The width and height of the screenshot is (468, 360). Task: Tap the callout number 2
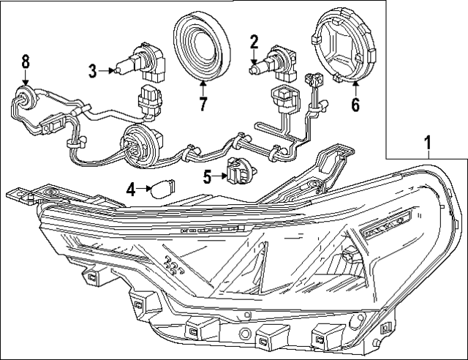tap(254, 42)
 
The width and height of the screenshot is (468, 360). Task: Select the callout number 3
tap(93, 71)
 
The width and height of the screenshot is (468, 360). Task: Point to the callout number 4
tap(131, 190)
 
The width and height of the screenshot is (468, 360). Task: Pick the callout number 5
tap(207, 176)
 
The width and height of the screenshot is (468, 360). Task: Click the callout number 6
tap(355, 105)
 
